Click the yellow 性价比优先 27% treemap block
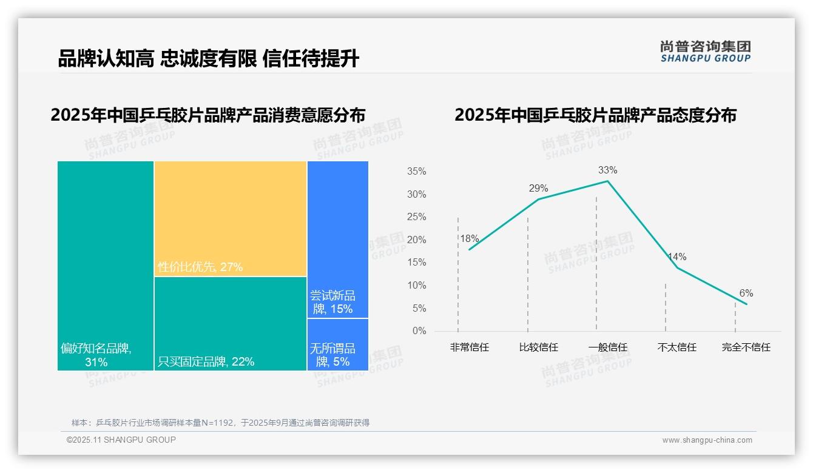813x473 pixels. (231, 218)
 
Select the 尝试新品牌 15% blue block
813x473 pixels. (338, 239)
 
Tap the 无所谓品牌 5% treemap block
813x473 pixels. (338, 344)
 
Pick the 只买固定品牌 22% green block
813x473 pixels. (231, 323)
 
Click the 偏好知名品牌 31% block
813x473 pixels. (106, 265)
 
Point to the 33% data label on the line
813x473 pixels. (607, 170)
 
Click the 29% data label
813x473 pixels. (538, 188)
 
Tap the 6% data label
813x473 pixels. (746, 294)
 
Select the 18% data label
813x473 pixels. (469, 238)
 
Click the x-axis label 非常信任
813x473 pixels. (469, 347)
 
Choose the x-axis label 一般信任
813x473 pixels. (607, 347)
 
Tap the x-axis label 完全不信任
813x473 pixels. (746, 347)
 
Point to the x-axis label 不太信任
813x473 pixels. (676, 347)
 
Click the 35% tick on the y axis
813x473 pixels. (416, 172)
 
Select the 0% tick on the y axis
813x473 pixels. (419, 331)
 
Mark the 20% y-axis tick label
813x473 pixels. (416, 240)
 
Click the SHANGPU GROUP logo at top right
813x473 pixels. (705, 51)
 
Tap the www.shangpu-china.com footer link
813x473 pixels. (707, 440)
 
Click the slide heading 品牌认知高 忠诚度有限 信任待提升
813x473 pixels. (208, 59)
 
